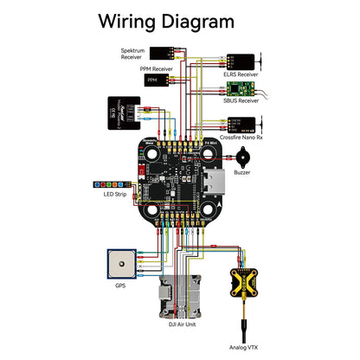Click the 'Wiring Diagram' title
point(164,20)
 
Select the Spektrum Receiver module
point(164,52)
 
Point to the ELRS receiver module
point(243,61)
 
